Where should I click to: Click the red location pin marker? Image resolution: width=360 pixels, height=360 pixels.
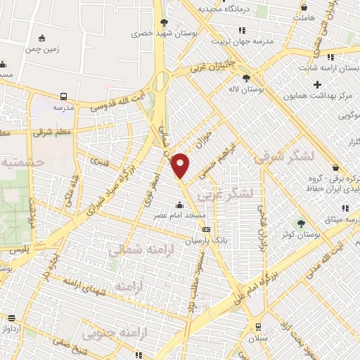[181, 165]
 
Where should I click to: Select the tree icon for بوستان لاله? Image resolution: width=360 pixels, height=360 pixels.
[246, 78]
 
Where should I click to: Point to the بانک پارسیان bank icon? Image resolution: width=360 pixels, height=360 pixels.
[205, 229]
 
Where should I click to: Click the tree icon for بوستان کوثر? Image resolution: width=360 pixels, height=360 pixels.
[301, 223]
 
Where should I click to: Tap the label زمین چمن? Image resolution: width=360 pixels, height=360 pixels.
[41, 50]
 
